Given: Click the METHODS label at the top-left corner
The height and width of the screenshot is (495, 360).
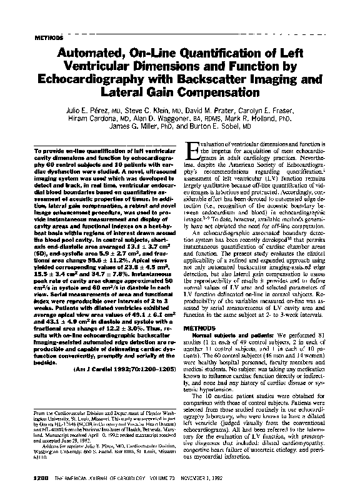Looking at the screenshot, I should (41, 36).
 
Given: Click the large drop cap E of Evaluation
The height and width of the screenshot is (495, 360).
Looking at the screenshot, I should (194, 150).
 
